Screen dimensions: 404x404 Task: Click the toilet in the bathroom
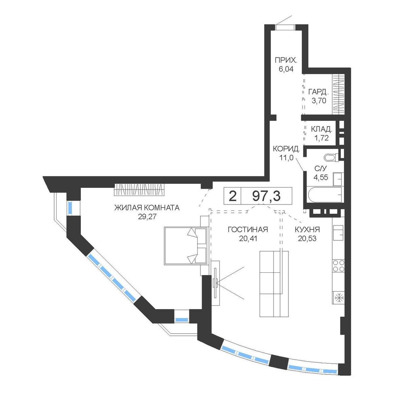[331, 157]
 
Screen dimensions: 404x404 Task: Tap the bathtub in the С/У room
[324, 195]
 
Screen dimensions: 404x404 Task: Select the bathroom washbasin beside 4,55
[337, 179]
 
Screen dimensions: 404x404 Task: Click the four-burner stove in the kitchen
[338, 266]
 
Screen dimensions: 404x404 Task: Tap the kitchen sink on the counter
[338, 232]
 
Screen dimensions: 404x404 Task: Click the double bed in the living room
[186, 246]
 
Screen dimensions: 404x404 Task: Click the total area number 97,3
[266, 196]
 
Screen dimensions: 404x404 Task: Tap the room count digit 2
[232, 196]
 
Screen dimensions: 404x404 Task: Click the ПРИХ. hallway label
[286, 61]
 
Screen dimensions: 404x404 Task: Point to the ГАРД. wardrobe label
[318, 92]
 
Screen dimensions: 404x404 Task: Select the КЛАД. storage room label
[321, 129]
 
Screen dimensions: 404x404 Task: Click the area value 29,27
[147, 217]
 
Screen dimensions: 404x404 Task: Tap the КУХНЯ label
[307, 229]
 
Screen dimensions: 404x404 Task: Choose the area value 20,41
[248, 238]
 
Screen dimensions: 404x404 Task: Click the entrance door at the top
[286, 27]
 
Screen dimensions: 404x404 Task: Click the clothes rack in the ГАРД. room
[338, 94]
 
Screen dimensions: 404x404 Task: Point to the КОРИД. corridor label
[286, 149]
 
